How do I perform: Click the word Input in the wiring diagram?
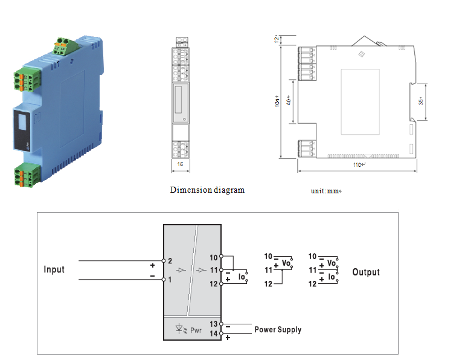click(54, 269)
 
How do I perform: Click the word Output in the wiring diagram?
click(366, 272)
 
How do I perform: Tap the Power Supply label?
click(278, 330)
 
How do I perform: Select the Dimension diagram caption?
click(207, 190)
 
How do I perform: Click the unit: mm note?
click(326, 191)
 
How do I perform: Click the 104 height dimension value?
click(277, 100)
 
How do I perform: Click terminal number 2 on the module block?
click(170, 261)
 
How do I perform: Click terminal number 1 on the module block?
click(170, 279)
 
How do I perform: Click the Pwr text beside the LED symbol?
click(196, 330)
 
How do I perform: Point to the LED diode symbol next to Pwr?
click(180, 330)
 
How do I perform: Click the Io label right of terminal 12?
click(242, 278)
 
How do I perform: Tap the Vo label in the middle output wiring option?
click(287, 265)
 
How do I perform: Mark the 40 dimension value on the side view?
click(289, 100)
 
